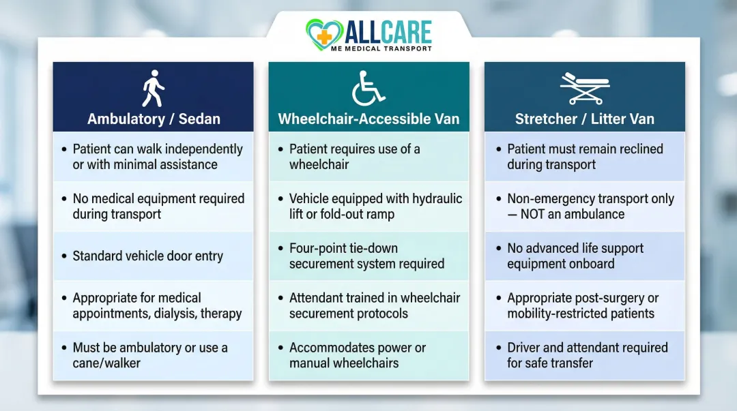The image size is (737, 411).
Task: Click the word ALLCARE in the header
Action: pos(388,31)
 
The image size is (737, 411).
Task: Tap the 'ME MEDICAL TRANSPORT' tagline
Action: pos(388,49)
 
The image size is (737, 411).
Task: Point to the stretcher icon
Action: pos(584,88)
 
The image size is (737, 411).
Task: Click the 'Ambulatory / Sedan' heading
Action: pos(154,119)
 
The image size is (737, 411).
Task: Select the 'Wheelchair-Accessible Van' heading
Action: pos(369,119)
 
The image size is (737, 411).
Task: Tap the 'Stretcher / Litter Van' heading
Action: pos(584,119)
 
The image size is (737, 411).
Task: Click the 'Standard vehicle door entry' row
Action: pos(148,256)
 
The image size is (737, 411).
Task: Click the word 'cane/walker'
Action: pos(106,363)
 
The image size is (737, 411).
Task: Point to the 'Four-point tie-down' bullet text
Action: pos(343,248)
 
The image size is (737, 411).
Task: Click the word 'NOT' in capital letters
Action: pos(537,214)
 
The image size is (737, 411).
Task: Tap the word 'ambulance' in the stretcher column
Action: pos(592,214)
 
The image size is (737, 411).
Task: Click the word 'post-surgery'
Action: pos(609,299)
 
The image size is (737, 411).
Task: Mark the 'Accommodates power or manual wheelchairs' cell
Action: pos(358,355)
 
